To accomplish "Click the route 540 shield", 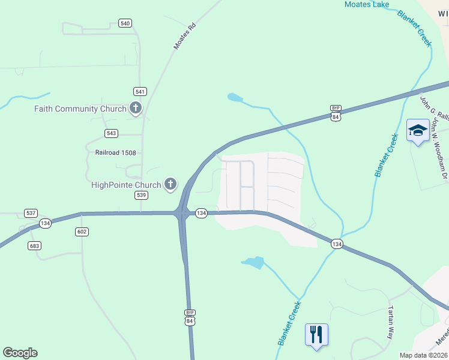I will [x=125, y=23].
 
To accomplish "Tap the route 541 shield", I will [x=140, y=91].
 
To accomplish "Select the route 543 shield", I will [x=111, y=133].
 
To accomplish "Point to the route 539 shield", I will [x=141, y=196].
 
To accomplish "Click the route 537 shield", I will [x=31, y=213].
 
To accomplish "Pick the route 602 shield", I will [x=82, y=232].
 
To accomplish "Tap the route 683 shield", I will [x=35, y=245].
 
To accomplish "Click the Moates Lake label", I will [x=367, y=5].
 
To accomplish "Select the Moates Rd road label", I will [x=184, y=37].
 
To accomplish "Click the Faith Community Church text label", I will [x=80, y=109].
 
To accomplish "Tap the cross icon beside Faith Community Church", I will [x=136, y=109].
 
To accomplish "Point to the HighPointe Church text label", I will [x=126, y=185].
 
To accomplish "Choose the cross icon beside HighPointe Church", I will [x=170, y=185].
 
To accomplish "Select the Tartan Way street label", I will [x=391, y=323].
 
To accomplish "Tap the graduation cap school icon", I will [x=418, y=130].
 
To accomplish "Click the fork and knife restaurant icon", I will [x=316, y=334].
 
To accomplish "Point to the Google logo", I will [x=20, y=353].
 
